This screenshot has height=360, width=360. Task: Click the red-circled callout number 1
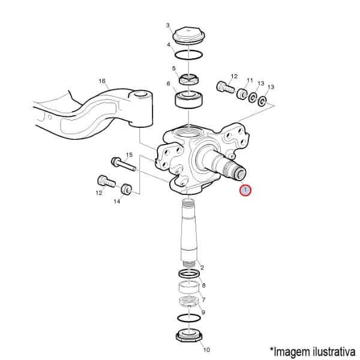245,190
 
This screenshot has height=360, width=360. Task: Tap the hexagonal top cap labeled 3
189,36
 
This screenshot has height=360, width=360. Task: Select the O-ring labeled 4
188,55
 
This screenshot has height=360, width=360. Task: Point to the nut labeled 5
189,79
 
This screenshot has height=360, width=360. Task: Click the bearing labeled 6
189,100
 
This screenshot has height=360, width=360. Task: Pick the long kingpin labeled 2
189,232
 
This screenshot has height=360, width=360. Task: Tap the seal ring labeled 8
189,273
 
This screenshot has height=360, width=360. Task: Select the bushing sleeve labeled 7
189,287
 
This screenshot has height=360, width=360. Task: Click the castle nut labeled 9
189,301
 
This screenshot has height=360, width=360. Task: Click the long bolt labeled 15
124,164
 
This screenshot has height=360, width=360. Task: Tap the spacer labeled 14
127,189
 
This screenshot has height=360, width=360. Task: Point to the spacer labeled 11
242,94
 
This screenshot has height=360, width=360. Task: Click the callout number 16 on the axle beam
102,81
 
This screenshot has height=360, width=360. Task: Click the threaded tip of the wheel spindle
239,172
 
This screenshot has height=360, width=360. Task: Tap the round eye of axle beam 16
141,95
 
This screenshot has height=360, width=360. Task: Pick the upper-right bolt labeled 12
225,87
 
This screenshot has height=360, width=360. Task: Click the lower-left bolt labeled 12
106,182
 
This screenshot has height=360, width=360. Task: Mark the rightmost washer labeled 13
262,101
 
